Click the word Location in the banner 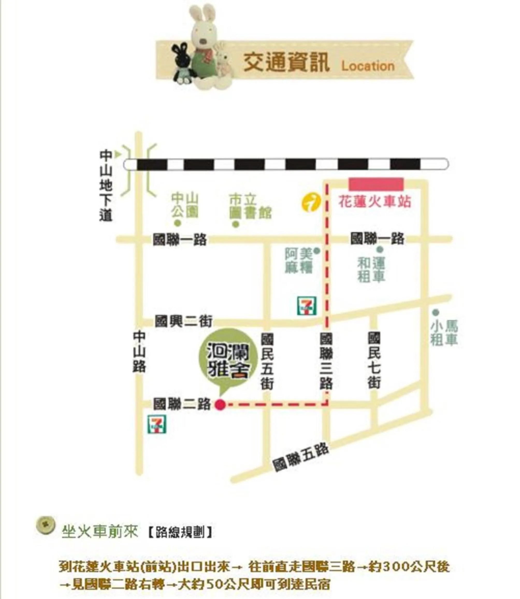pos(368,66)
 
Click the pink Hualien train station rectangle pos(376,184)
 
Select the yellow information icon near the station pos(311,203)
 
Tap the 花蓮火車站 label pos(375,202)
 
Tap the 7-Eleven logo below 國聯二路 pos(157,424)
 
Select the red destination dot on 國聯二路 pos(220,404)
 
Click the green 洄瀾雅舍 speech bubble pos(228,360)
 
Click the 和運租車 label pos(371,270)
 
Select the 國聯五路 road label pos(301,457)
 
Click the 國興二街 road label pos(183,322)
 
